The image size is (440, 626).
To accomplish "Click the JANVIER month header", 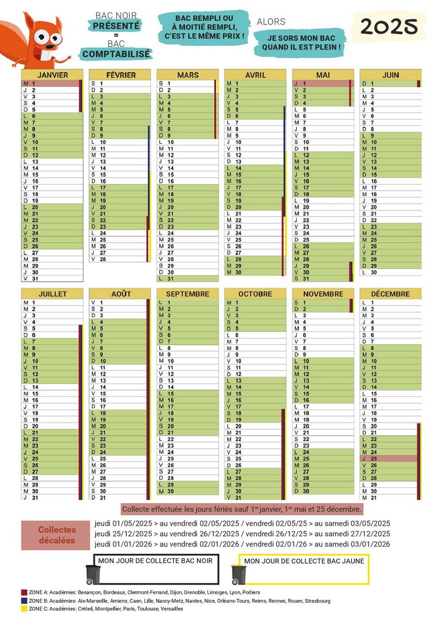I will pyautogui.click(x=52, y=75).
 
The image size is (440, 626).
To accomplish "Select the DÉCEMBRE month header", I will pyautogui.click(x=390, y=294).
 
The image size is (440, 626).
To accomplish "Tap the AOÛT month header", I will pyautogui.click(x=120, y=294).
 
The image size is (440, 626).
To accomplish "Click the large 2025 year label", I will pyautogui.click(x=389, y=27).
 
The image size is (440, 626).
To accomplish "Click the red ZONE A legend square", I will pyautogui.click(x=24, y=592).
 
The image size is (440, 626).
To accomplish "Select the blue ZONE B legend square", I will pyautogui.click(x=24, y=601).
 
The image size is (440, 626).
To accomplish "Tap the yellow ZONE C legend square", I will pyautogui.click(x=24, y=609).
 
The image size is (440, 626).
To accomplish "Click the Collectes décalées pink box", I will pyautogui.click(x=57, y=535).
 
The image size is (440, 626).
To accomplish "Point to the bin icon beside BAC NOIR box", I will pyautogui.click(x=93, y=574).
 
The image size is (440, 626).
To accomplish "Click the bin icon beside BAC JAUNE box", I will pyautogui.click(x=238, y=574).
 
